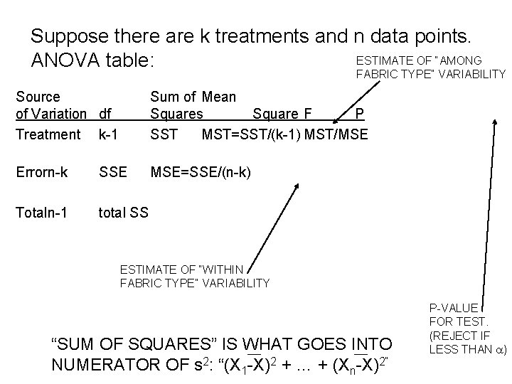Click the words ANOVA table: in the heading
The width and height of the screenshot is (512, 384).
click(92, 61)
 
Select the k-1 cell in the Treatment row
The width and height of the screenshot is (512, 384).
click(109, 134)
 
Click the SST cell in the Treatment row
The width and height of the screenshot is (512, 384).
click(164, 134)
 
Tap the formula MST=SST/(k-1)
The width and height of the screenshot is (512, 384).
click(252, 134)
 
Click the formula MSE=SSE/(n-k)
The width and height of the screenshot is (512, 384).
click(201, 173)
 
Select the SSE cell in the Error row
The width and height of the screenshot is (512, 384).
click(114, 173)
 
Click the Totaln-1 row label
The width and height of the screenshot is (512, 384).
click(42, 211)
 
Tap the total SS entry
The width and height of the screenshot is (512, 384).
click(124, 211)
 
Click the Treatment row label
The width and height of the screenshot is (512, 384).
click(48, 134)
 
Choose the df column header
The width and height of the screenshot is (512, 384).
click(105, 114)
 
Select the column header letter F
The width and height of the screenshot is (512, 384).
click(306, 114)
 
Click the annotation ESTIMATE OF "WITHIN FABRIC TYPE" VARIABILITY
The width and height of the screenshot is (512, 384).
click(195, 276)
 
